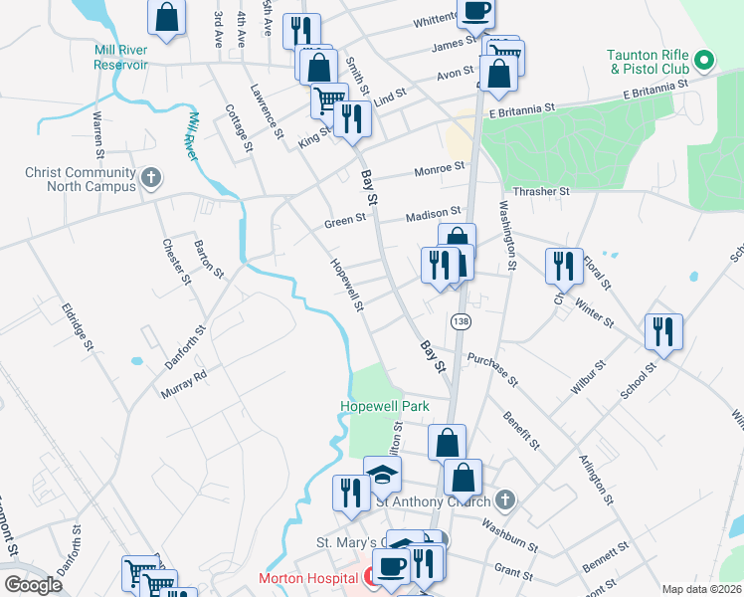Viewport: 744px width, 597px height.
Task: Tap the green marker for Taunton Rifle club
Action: [x=704, y=61]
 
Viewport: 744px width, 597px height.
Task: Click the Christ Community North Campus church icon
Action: [x=151, y=179]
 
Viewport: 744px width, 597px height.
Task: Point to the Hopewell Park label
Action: [x=384, y=406]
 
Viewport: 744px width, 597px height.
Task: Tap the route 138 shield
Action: [x=460, y=322]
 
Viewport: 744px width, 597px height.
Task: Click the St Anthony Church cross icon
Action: [x=505, y=498]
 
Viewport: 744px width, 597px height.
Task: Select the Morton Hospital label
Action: [x=308, y=578]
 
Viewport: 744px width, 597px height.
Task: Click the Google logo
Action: [x=33, y=585]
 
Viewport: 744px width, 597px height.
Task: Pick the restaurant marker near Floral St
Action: [x=563, y=266]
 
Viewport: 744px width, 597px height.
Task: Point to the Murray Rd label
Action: [x=183, y=384]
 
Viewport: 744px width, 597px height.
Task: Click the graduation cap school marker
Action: [x=382, y=475]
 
